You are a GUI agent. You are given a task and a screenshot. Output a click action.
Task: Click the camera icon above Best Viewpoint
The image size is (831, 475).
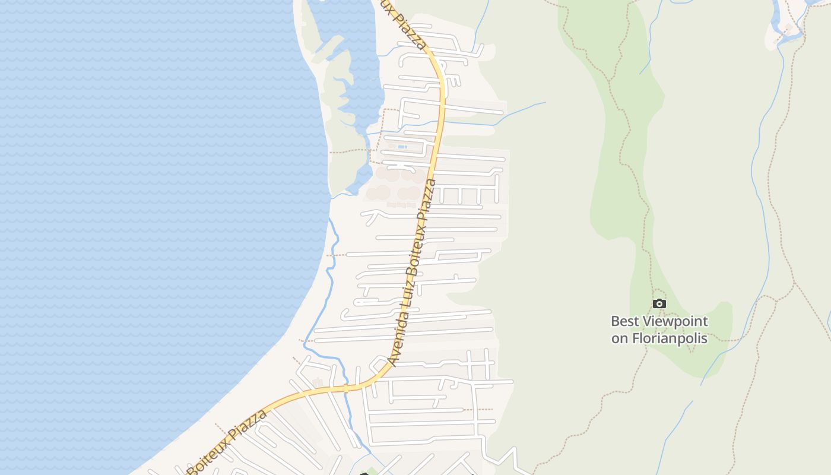pos(659,304)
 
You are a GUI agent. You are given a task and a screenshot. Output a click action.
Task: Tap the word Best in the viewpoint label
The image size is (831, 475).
pos(625,322)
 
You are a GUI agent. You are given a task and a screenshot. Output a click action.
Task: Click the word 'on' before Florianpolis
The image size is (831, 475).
pos(619,339)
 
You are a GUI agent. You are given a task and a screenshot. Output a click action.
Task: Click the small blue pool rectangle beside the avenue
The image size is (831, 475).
pos(402,147)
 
